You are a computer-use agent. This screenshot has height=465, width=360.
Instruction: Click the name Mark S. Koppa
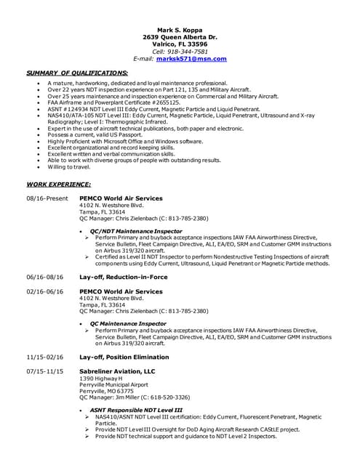[x=180, y=29]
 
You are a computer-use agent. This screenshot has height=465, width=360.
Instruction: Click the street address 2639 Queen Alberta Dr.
[x=180, y=36]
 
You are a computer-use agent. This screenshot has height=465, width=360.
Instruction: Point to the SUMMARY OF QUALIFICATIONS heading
[x=77, y=73]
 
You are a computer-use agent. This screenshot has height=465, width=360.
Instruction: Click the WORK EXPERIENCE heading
[x=59, y=185]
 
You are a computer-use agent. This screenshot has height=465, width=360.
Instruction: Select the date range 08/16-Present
[x=47, y=198]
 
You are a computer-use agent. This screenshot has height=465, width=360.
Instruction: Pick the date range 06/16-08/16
[x=45, y=277]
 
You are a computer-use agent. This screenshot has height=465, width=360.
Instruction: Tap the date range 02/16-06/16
[x=45, y=291]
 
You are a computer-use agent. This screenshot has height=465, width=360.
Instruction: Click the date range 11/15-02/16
[x=45, y=357]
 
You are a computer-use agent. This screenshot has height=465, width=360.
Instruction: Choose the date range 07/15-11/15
[x=45, y=371]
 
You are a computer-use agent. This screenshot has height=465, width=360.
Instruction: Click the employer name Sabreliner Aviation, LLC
[x=117, y=371]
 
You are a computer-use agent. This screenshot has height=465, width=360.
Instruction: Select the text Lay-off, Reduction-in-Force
[x=123, y=277]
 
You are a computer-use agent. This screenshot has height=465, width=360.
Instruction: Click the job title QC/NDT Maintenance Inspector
[x=136, y=231]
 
